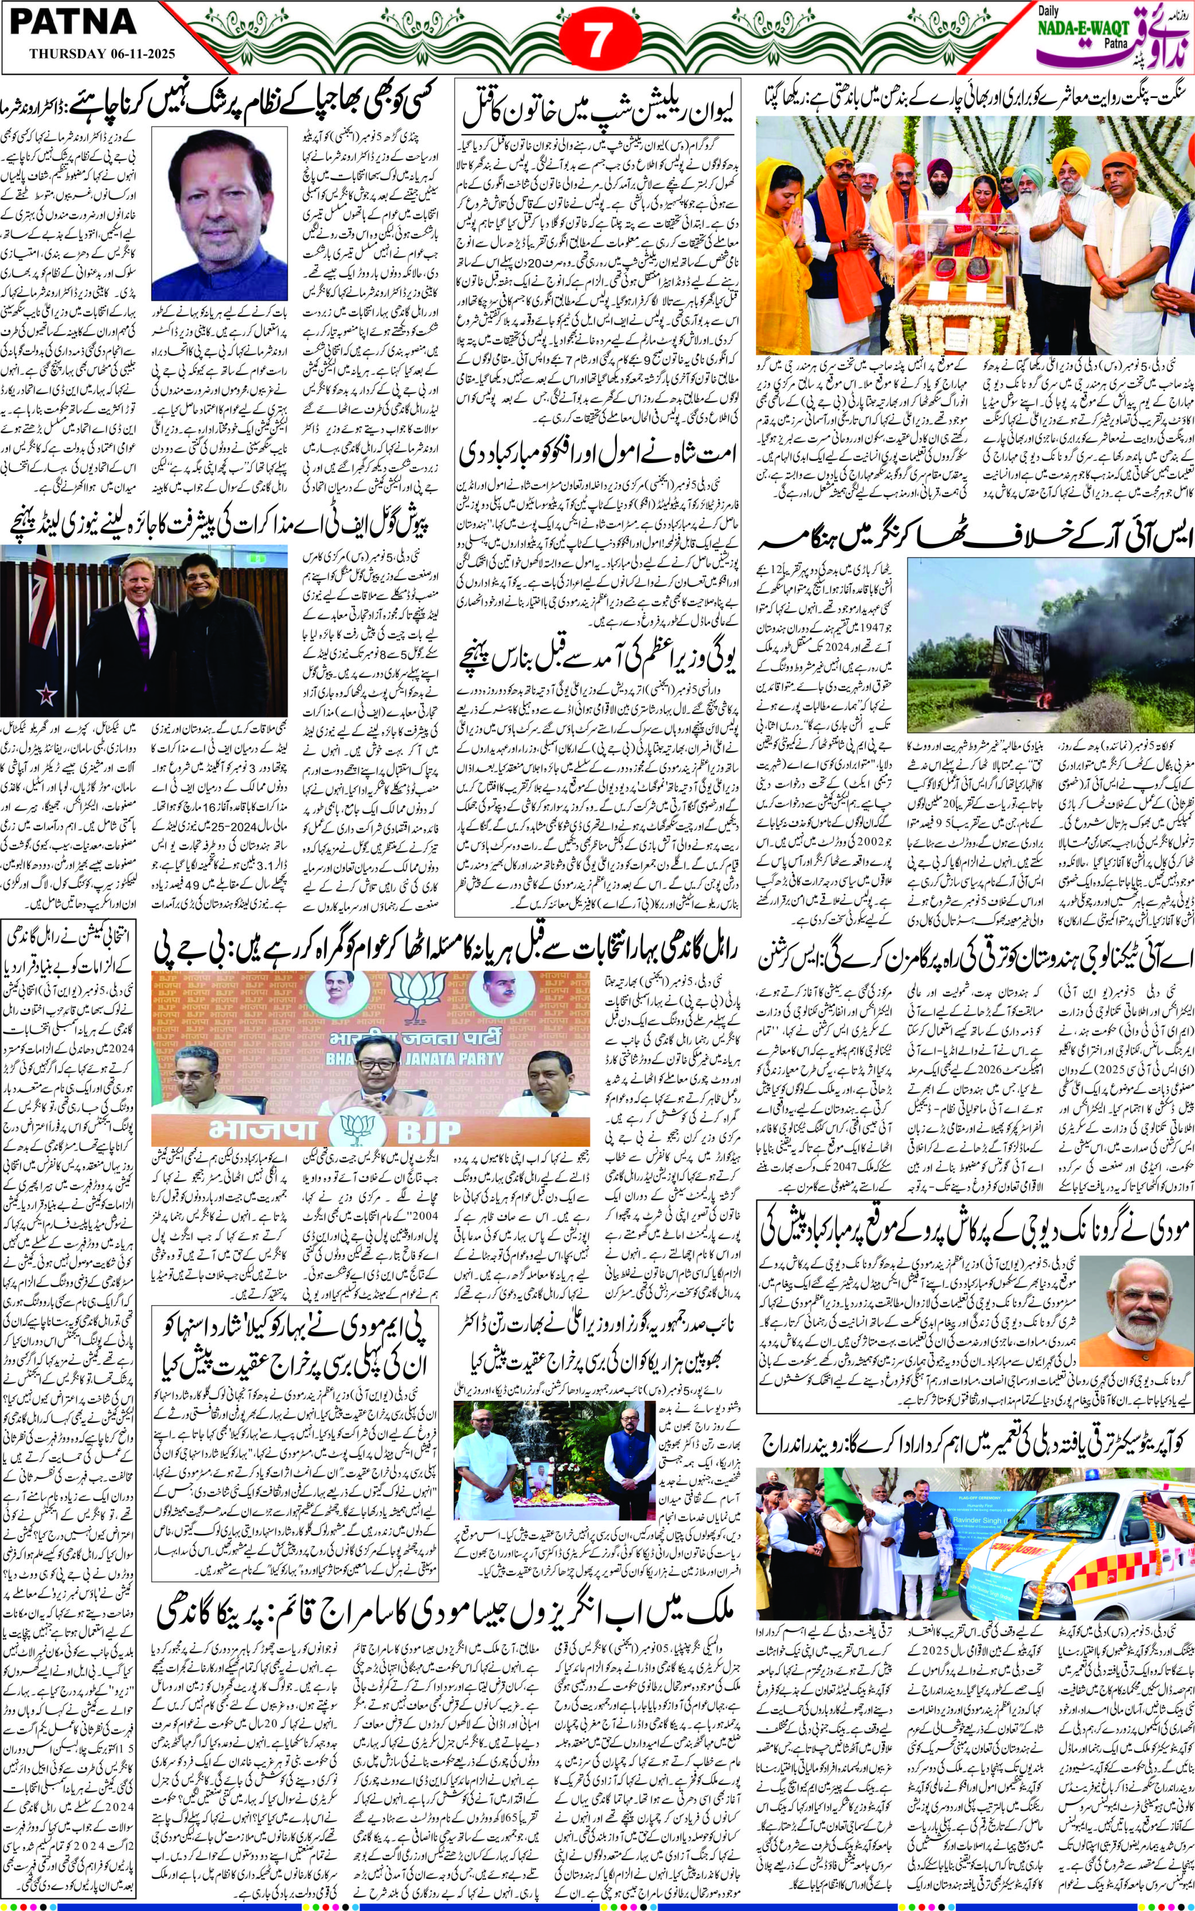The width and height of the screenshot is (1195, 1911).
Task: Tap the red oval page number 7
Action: (x=598, y=42)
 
